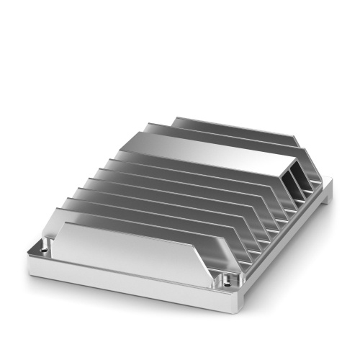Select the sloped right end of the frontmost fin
coord(209,266)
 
